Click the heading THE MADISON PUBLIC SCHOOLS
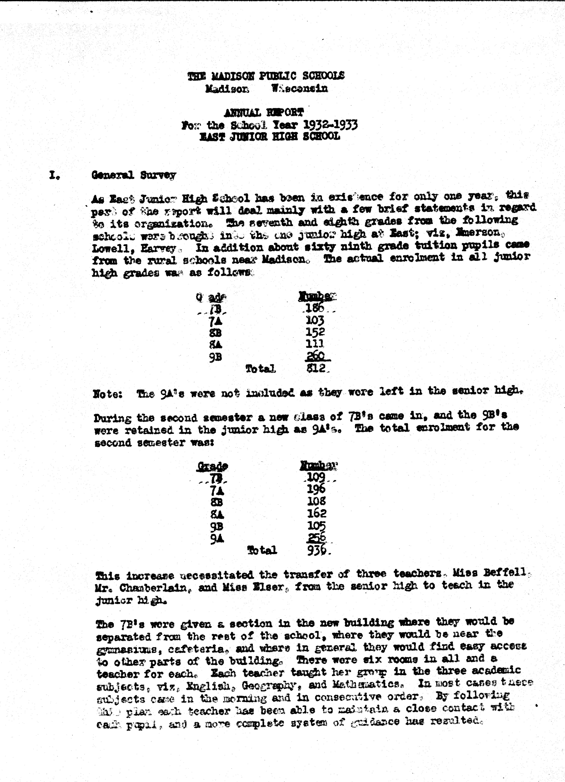[266, 76]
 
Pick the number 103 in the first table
[315, 321]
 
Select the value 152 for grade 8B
[315, 332]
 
